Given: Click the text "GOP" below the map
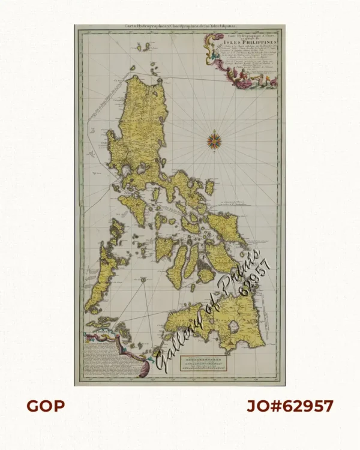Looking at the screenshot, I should point(45,406).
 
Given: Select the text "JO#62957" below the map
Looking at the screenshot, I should point(290,406).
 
